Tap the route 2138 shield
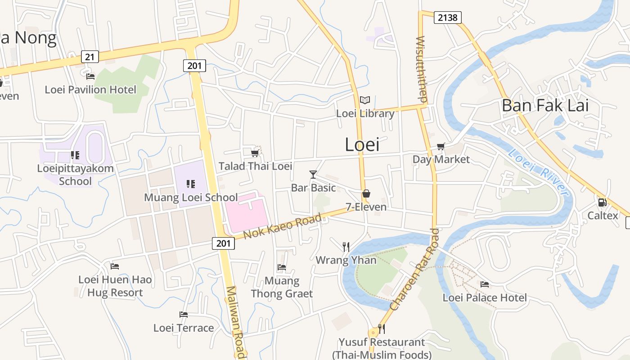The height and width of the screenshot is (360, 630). (x=448, y=18)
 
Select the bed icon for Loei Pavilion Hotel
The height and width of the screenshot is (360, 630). (x=90, y=76)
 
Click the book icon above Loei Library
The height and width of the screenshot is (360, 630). (x=365, y=100)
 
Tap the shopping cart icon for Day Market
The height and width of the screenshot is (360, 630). (x=441, y=146)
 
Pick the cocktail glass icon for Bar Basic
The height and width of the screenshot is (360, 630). (x=313, y=174)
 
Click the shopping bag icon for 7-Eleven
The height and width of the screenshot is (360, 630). (x=366, y=194)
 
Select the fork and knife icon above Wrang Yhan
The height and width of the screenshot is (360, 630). (x=346, y=247)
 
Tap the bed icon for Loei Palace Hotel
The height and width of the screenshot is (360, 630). (x=485, y=284)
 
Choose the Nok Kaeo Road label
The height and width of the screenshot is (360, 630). (x=283, y=226)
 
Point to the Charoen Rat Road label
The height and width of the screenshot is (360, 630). (x=415, y=270)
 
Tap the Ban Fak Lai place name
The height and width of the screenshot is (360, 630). (x=545, y=105)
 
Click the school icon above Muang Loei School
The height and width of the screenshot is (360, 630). (x=191, y=184)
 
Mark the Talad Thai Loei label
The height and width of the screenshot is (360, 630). (x=255, y=166)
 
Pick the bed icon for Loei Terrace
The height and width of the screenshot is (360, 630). (x=184, y=314)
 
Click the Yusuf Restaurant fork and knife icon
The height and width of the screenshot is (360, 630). (x=381, y=329)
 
